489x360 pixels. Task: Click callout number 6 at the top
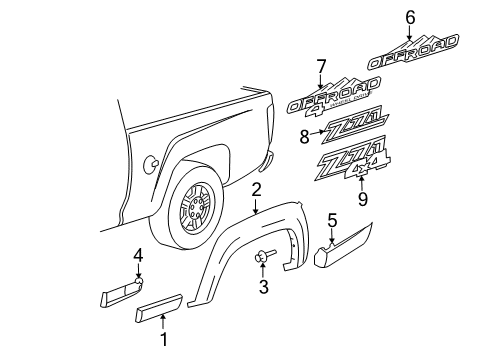409,15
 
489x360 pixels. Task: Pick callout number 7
321,68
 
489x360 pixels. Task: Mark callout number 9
363,199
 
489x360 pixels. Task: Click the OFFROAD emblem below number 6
412,52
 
